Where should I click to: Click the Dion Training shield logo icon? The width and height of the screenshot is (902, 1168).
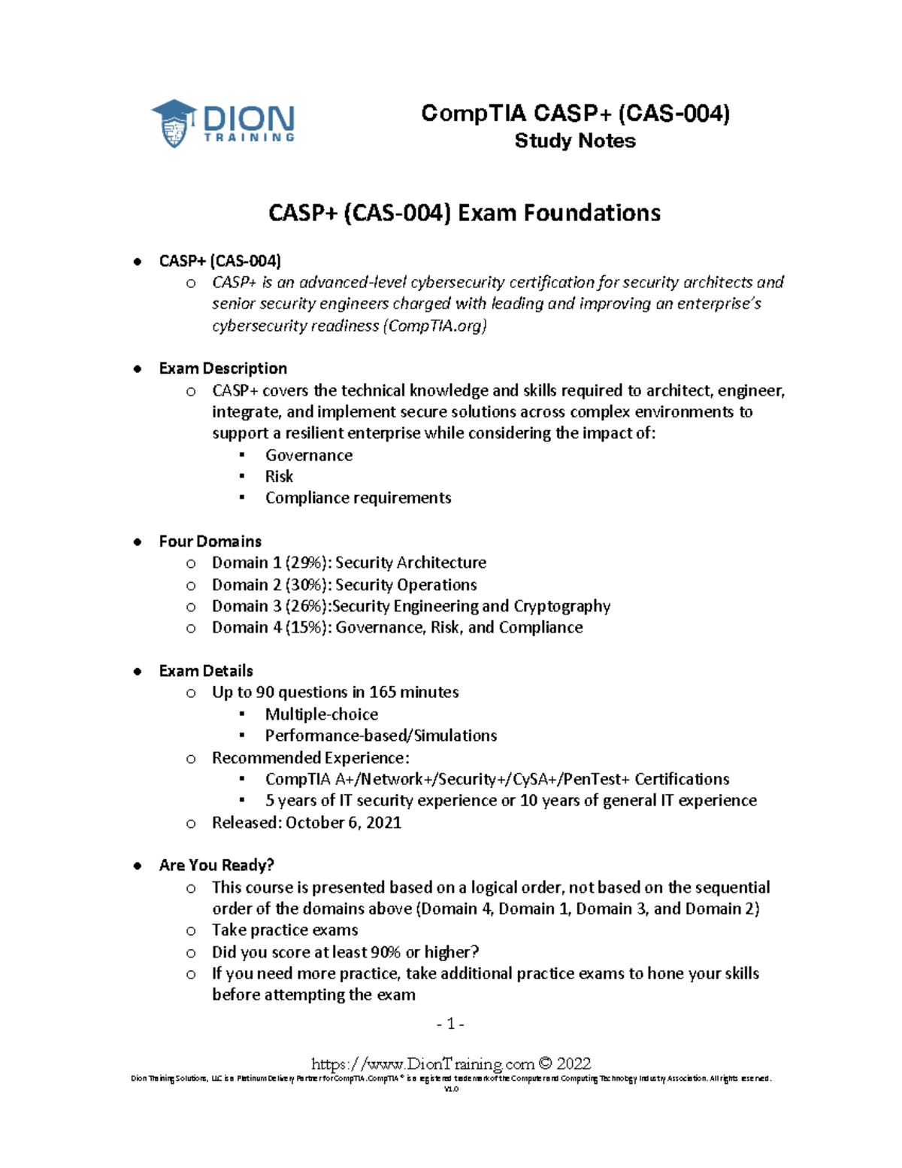(x=174, y=123)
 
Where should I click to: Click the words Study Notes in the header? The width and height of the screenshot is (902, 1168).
(x=575, y=141)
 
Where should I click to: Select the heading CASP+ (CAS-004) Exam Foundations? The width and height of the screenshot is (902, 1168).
(x=464, y=213)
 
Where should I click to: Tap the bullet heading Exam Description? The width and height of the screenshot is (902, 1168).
(x=222, y=369)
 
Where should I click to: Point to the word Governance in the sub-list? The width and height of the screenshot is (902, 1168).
(x=308, y=455)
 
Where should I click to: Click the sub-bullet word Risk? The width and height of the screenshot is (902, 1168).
(x=279, y=476)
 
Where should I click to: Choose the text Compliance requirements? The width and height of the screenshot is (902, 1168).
(x=358, y=498)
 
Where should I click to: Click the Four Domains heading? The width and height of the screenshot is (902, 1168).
(x=210, y=542)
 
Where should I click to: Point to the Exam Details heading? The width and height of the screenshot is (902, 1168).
(x=206, y=671)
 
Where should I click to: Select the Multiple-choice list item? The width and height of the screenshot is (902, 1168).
(x=321, y=714)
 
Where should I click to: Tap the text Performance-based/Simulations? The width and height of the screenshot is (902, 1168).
(x=380, y=736)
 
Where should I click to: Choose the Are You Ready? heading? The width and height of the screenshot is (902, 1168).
(x=216, y=865)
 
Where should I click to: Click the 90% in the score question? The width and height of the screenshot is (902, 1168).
(x=385, y=952)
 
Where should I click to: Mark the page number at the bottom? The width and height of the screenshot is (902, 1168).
(x=450, y=1024)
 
